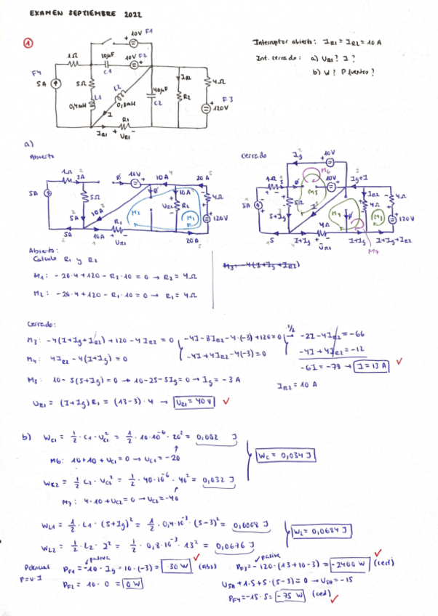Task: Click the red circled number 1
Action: [x=28, y=43]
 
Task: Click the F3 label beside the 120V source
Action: [x=226, y=99]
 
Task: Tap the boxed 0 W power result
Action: [x=132, y=583]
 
